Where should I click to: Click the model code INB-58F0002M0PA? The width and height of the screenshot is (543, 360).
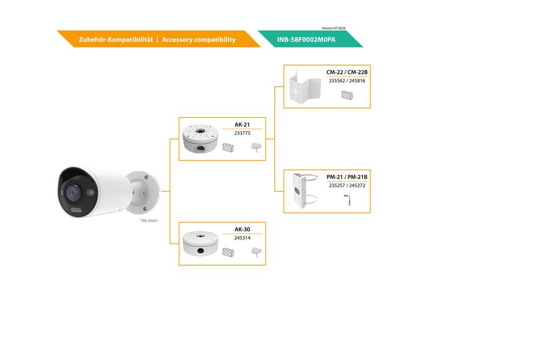click(x=306, y=39)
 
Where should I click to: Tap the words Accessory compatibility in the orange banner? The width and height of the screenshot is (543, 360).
click(x=199, y=39)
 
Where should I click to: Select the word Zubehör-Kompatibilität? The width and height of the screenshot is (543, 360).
click(x=115, y=39)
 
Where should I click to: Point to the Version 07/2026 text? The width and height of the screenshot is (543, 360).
click(x=333, y=28)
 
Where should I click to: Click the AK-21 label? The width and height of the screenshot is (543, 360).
click(x=242, y=125)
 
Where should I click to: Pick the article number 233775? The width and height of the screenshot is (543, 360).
click(x=242, y=133)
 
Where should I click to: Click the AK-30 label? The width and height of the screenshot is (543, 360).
click(x=242, y=230)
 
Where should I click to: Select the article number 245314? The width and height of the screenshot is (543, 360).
click(x=242, y=238)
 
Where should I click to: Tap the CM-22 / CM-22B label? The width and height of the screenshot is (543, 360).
click(x=347, y=73)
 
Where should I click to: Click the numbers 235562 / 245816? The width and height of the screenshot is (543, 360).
click(x=347, y=81)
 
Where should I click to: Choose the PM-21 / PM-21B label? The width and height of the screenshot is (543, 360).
click(x=347, y=177)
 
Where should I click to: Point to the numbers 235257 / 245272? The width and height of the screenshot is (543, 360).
click(x=347, y=186)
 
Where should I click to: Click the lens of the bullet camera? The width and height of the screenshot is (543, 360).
click(x=73, y=192)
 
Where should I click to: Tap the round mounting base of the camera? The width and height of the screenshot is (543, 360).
click(x=143, y=193)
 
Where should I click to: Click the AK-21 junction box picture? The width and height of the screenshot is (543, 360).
click(x=201, y=138)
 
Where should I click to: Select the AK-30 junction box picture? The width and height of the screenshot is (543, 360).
click(x=201, y=243)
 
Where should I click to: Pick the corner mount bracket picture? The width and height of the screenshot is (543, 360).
click(x=305, y=86)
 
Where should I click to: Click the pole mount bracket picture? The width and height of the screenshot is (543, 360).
click(x=305, y=191)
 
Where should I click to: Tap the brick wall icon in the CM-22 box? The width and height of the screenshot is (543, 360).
click(x=347, y=95)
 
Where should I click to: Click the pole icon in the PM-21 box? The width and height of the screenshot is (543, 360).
click(x=348, y=200)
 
